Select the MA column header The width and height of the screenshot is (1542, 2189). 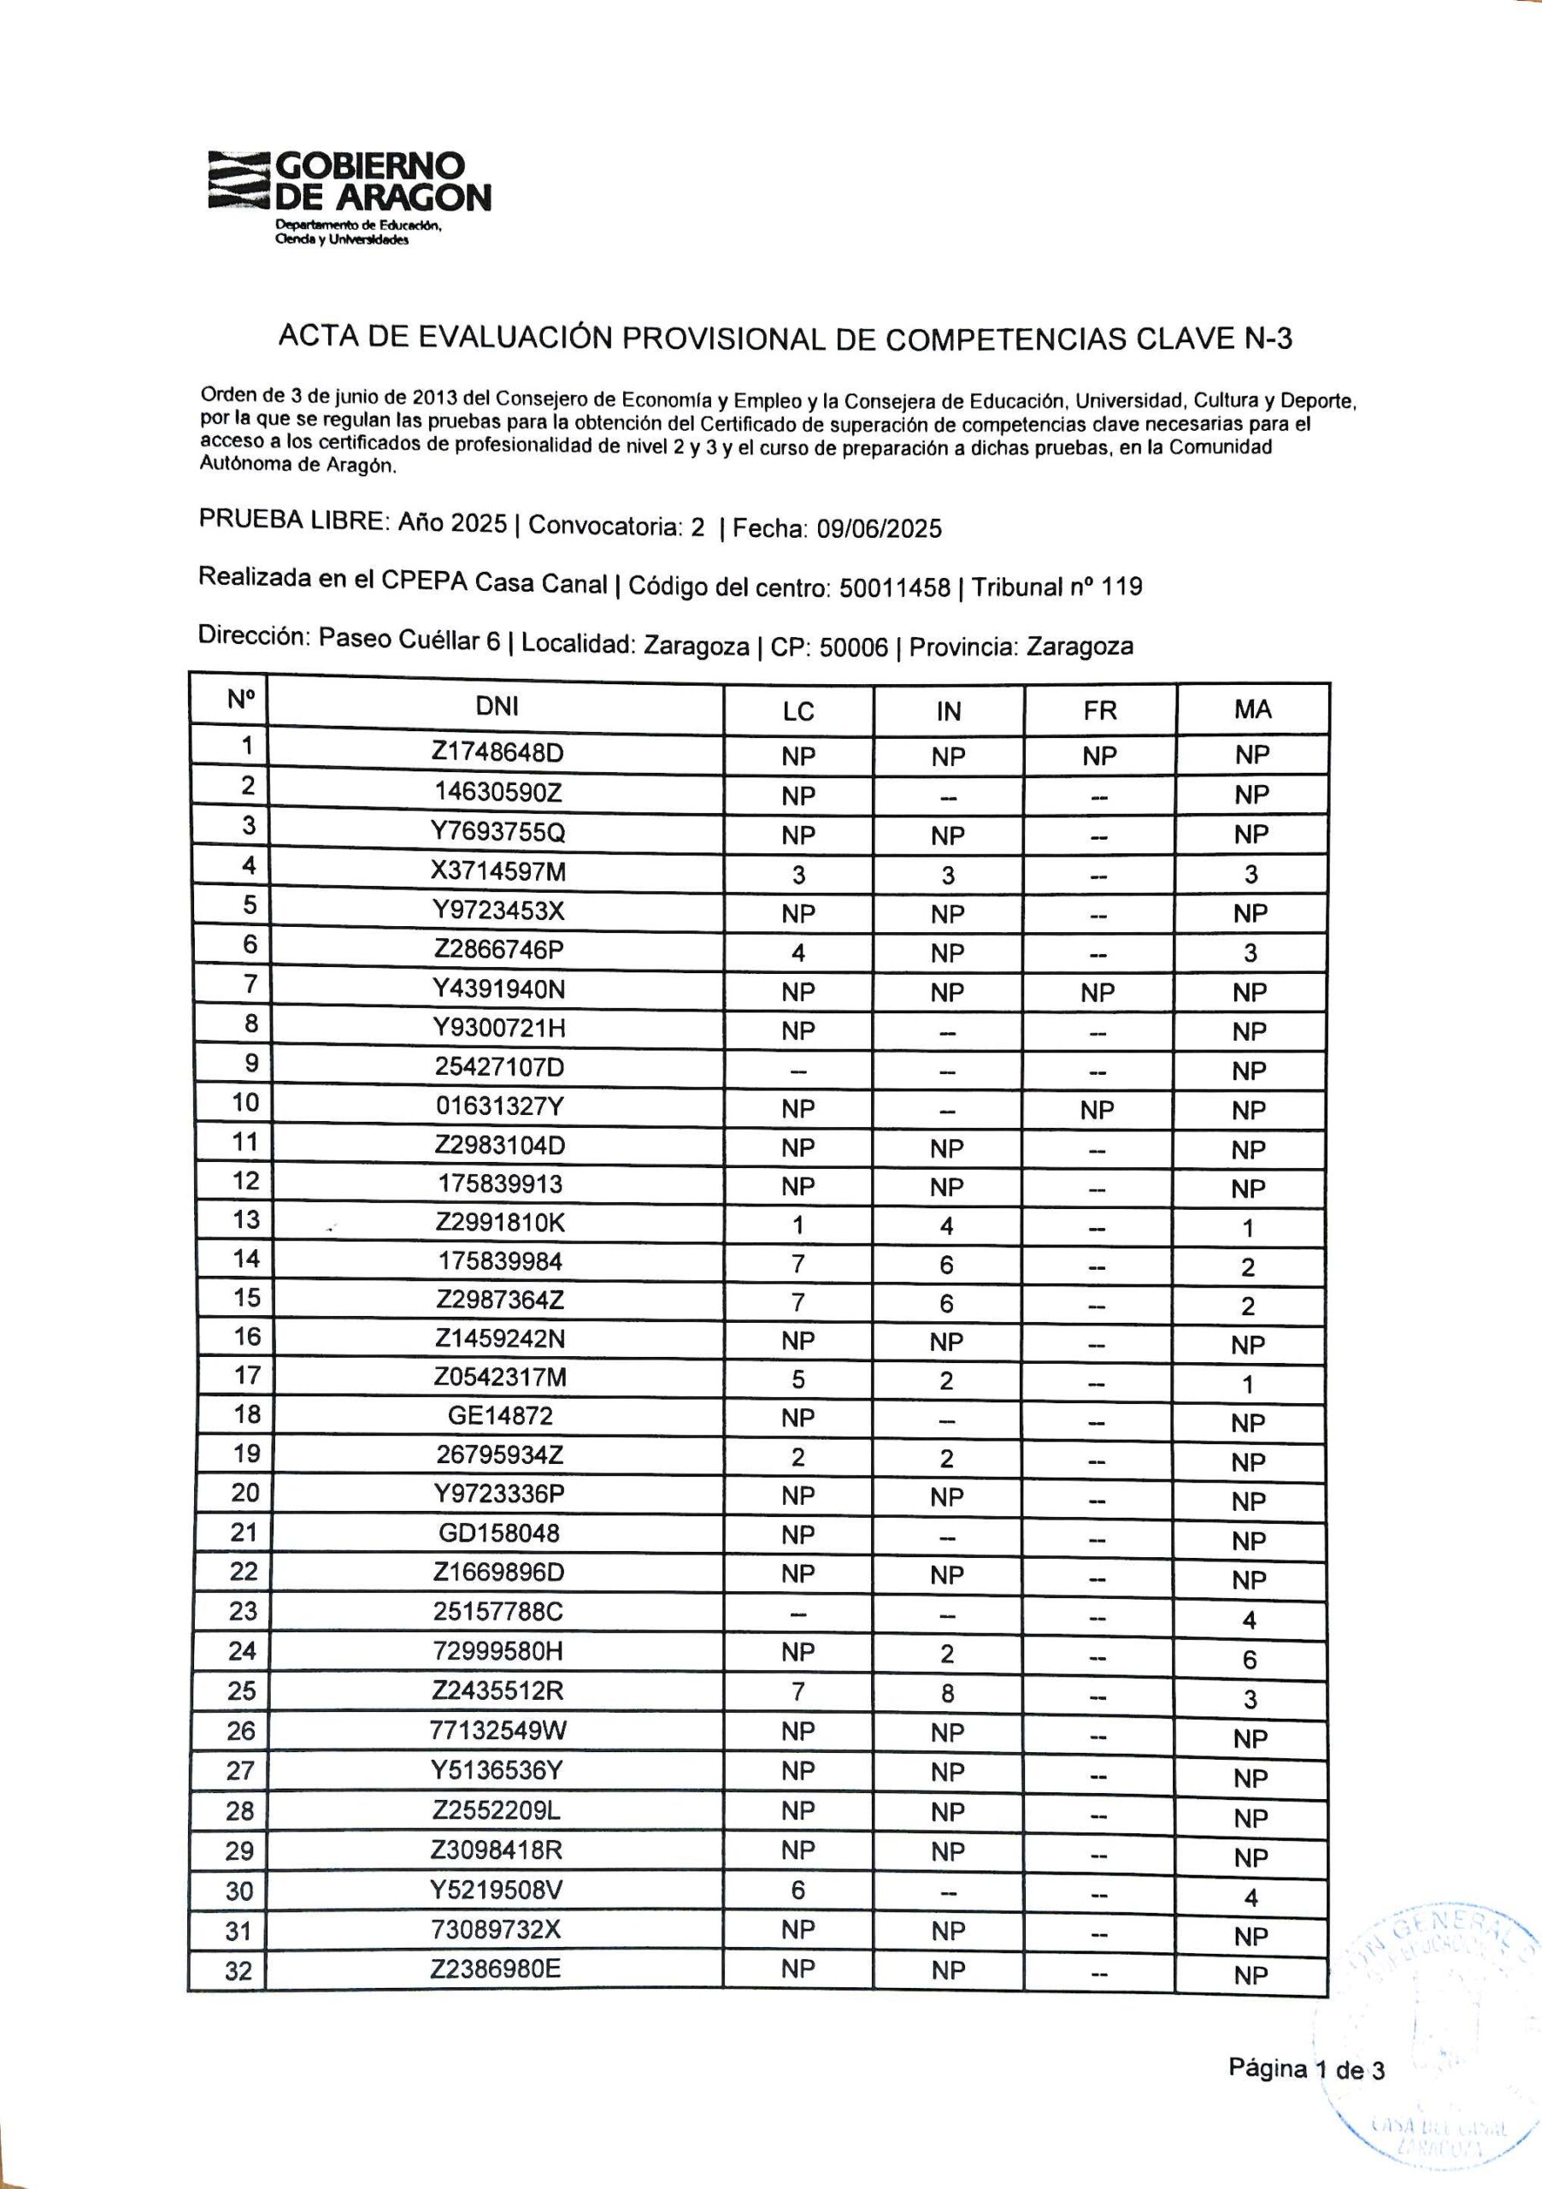(1252, 710)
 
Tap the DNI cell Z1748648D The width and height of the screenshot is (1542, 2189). (497, 753)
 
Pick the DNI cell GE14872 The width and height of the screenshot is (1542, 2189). (499, 1416)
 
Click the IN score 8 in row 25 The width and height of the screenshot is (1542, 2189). (946, 1693)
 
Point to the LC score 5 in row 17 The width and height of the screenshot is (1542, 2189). (797, 1379)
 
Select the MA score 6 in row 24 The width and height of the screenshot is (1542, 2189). (1250, 1660)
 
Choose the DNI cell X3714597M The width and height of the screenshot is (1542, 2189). (498, 871)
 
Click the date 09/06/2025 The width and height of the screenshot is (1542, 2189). (879, 529)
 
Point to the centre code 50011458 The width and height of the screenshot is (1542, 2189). (894, 588)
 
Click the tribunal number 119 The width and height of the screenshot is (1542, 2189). (1121, 587)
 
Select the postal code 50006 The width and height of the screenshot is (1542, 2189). (853, 648)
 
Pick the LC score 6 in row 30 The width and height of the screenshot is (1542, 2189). (797, 1890)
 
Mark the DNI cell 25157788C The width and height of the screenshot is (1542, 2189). (498, 1612)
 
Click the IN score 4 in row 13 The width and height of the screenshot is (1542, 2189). (946, 1226)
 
